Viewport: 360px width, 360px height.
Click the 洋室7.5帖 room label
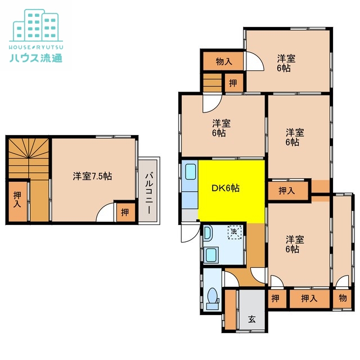click(92, 176)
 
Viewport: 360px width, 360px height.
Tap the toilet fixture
click(212, 298)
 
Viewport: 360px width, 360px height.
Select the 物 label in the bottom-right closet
click(343, 298)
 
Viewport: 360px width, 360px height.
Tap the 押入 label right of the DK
click(287, 191)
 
